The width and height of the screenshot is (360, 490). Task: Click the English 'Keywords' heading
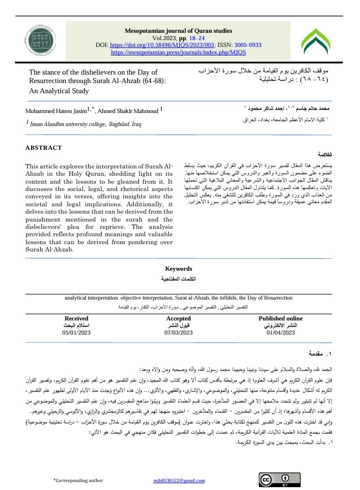178,269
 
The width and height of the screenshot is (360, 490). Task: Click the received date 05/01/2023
77,333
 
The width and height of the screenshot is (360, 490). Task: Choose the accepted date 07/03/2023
178,333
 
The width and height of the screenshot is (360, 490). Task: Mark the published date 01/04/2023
280,333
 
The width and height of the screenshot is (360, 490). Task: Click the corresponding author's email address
179,480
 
